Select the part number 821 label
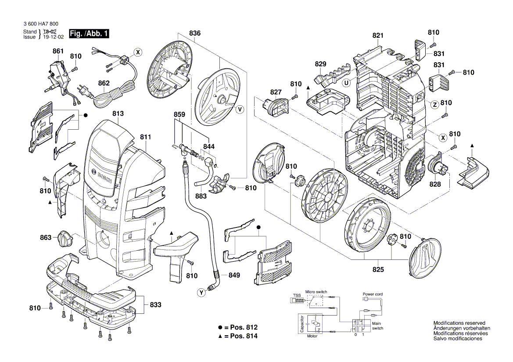point(378,35)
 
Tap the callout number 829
point(321,64)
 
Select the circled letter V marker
point(240,110)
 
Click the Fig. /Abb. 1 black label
point(90,34)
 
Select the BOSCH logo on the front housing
point(104,175)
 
